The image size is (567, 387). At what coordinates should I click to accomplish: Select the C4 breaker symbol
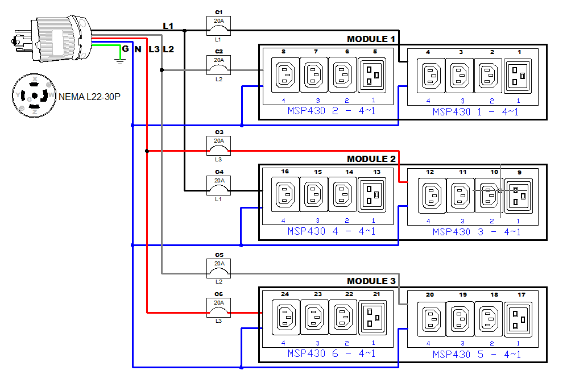(219, 185)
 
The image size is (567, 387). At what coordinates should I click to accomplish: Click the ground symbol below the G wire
(119, 59)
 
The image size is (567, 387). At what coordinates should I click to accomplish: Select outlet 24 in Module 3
(285, 317)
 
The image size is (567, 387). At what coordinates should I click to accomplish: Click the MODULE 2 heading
(371, 159)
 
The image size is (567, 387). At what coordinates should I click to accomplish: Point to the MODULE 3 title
(371, 281)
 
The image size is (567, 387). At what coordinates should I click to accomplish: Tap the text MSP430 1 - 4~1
(475, 112)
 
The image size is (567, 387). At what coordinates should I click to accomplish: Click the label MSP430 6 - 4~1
(331, 353)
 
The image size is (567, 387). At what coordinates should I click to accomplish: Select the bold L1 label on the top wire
(168, 26)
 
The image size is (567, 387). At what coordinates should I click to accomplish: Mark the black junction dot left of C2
(162, 70)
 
